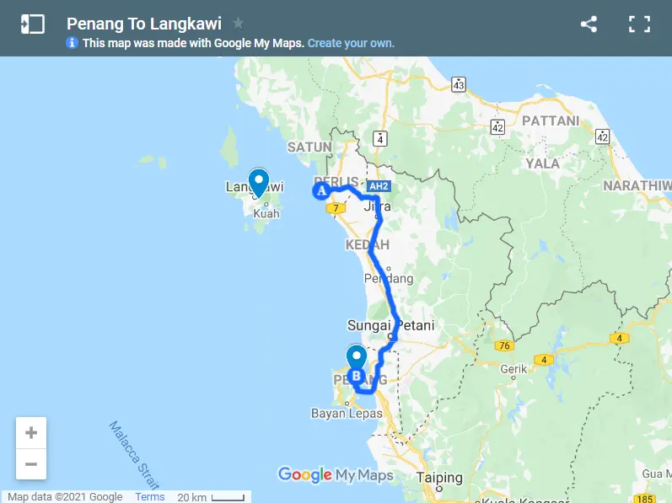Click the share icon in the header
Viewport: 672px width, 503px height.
[x=589, y=24]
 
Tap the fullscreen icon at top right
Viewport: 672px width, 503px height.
[x=639, y=24]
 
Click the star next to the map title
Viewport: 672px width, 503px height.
[x=239, y=24]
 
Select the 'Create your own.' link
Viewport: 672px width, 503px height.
[x=351, y=43]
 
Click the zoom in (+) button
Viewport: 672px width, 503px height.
[x=31, y=433]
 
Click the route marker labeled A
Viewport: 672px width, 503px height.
[x=320, y=191]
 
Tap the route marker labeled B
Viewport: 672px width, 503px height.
[x=356, y=375]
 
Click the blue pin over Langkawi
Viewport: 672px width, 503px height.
[x=256, y=182]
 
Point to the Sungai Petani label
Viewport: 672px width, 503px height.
[x=384, y=325]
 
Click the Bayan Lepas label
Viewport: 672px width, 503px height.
[x=347, y=414]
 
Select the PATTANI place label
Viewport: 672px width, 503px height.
[x=551, y=121]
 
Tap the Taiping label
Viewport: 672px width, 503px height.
[x=439, y=478]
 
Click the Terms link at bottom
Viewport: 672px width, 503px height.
[x=150, y=497]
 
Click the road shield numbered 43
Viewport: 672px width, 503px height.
[x=459, y=84]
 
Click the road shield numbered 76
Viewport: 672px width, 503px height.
[x=505, y=345]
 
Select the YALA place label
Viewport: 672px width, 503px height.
[x=543, y=163]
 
